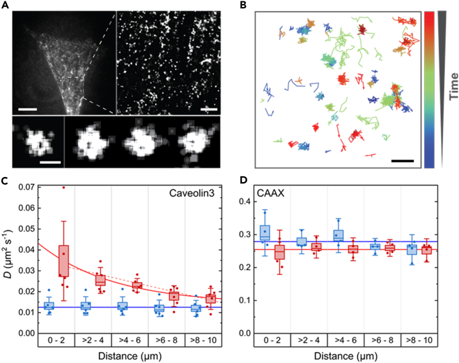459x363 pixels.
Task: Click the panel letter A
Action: [x=6, y=6]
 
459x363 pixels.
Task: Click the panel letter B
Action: [x=243, y=6]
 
